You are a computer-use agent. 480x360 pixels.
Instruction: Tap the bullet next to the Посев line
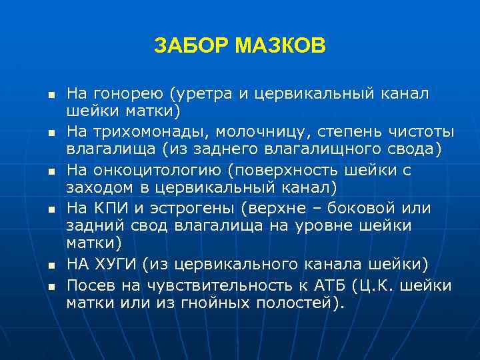click(49, 287)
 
